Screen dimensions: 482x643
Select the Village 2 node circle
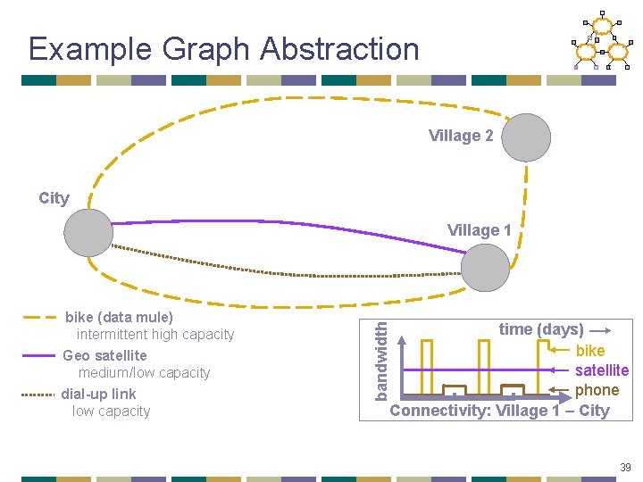point(526,137)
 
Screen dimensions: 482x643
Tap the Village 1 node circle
point(486,268)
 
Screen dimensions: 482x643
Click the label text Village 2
point(461,136)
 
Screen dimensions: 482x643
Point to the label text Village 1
point(480,230)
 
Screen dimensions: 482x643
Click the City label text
point(54,198)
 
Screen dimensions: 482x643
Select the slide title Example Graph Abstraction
point(223,48)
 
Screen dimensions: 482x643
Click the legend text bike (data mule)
point(119,317)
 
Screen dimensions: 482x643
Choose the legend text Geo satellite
point(104,355)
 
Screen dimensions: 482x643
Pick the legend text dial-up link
point(98,394)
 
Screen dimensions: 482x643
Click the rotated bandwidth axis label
point(381,361)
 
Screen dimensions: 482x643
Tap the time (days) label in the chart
point(541,329)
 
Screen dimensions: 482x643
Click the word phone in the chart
point(597,390)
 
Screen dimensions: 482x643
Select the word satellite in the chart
point(601,370)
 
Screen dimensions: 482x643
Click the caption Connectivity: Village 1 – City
point(499,411)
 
